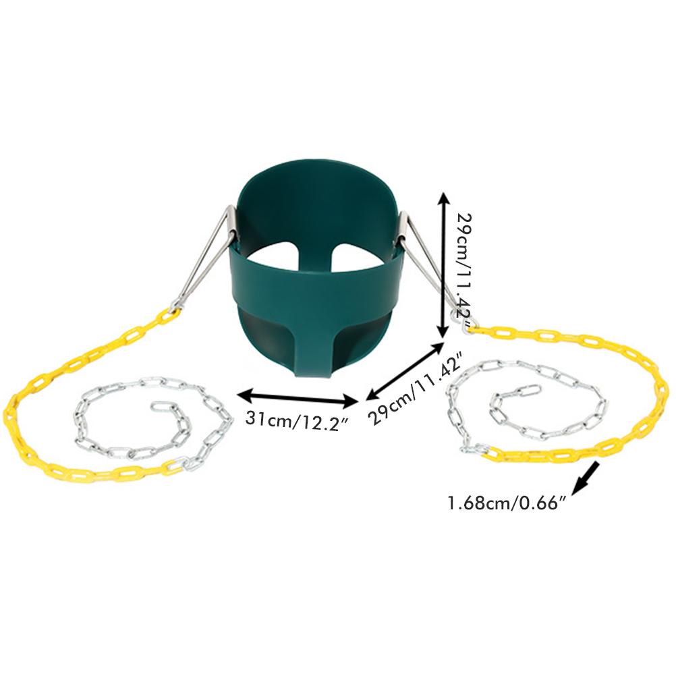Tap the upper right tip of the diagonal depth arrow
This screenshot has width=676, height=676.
[x=444, y=342]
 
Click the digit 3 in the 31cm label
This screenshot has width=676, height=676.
[x=250, y=418]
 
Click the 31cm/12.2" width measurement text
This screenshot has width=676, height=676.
[x=297, y=419]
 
